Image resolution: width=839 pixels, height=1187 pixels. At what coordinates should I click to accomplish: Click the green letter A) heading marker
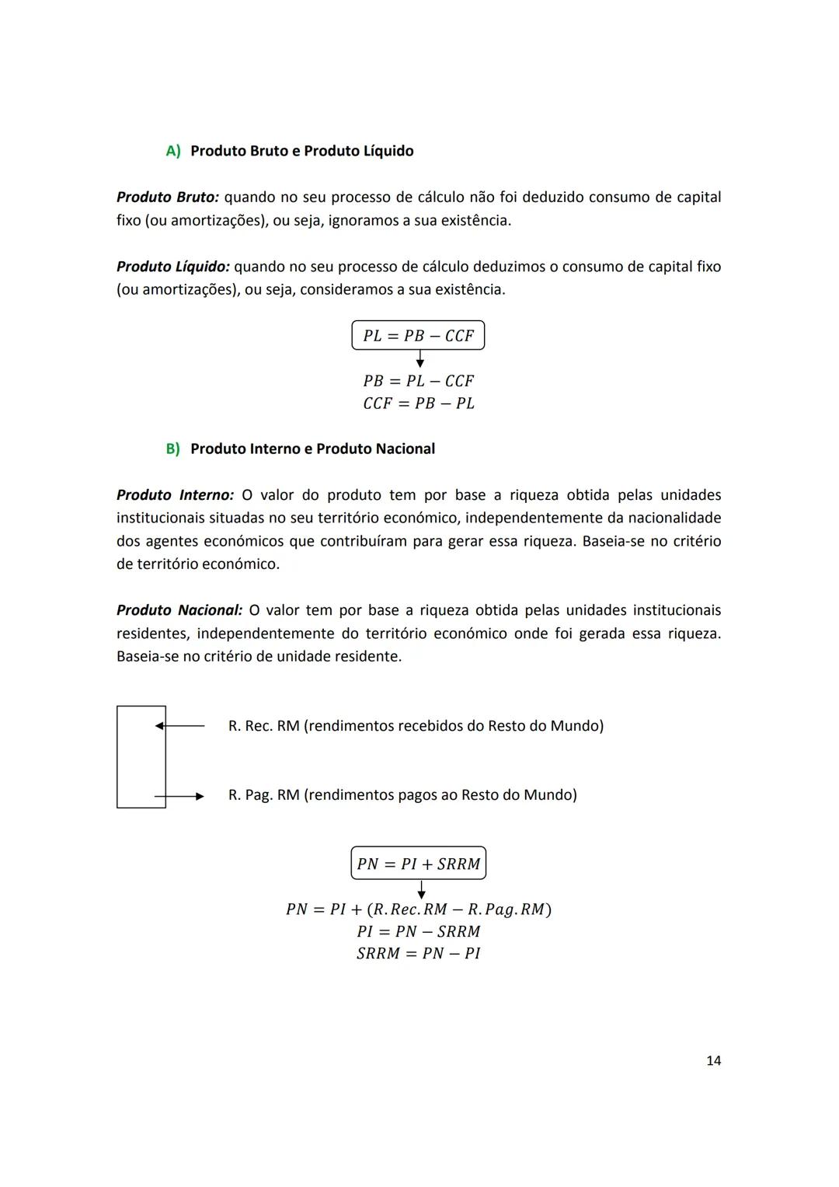point(172,151)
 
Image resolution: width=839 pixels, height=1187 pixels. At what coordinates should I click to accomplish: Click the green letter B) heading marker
point(172,449)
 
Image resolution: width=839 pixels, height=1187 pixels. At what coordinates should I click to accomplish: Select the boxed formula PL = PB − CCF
point(418,336)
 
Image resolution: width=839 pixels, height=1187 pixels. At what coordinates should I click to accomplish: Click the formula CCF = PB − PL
point(418,403)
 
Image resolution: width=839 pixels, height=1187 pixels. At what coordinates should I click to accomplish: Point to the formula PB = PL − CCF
point(418,381)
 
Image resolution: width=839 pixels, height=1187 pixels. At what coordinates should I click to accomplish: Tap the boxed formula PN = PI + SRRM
point(418,864)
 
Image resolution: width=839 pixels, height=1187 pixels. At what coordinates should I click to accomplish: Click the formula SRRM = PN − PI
point(418,954)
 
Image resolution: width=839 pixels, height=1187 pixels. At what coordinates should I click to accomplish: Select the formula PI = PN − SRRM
point(418,931)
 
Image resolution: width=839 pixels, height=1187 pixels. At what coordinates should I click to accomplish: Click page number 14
point(713,1060)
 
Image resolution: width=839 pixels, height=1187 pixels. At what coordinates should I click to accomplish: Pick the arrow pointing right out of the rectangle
point(180,796)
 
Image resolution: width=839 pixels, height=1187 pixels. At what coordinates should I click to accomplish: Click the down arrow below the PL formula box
point(420,359)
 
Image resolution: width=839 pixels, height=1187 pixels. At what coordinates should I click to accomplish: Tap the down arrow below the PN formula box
point(421,890)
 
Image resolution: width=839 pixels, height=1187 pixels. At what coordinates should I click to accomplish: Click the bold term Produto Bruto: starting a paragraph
point(167,197)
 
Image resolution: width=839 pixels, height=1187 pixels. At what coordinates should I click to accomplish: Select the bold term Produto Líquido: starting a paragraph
point(172,267)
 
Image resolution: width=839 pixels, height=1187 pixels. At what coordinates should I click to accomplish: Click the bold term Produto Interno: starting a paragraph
point(175,495)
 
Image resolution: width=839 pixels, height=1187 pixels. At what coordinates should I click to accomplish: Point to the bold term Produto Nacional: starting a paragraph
point(179,610)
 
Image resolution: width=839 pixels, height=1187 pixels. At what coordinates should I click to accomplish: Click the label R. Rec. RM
point(263,726)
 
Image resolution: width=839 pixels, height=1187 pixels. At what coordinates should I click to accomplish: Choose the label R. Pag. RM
point(263,795)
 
